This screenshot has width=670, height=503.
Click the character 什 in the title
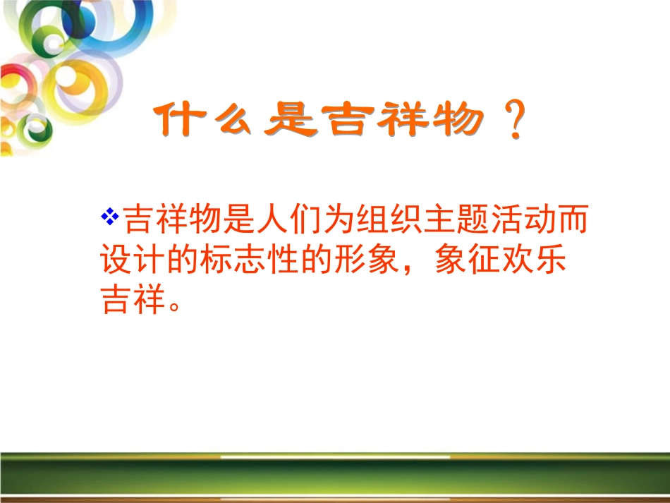178,121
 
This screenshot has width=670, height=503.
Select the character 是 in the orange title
288,121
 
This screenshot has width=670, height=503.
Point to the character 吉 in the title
346,121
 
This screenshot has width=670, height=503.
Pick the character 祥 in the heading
403,121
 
